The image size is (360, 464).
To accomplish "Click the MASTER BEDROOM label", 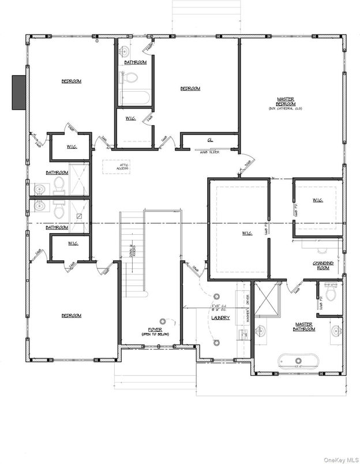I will pos(285,100).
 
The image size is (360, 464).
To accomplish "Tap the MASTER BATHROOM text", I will pos(304,326).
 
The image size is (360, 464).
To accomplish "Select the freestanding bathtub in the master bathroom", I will pos(298,361).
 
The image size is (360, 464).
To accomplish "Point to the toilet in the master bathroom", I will pos(331,293).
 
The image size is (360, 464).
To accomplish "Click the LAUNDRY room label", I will pos(220,317).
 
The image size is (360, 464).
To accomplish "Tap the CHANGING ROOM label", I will pos(321,265).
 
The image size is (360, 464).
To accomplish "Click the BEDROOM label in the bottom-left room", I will pos(72,315).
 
